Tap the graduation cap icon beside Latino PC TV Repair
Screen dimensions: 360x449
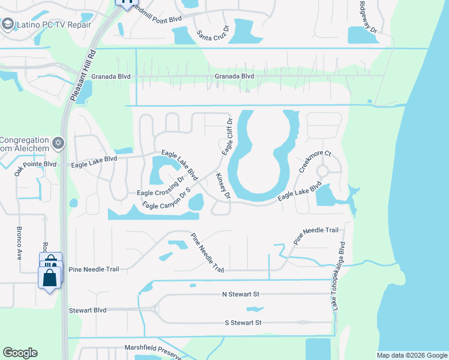[x=8, y=25]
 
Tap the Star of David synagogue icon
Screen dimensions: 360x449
[x=58, y=143]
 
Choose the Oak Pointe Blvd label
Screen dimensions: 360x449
[x=35, y=164]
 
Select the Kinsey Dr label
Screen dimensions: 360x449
[x=223, y=186]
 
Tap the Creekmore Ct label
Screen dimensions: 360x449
[x=315, y=161]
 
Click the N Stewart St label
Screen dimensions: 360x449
[x=240, y=295]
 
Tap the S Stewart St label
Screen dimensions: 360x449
[x=243, y=322]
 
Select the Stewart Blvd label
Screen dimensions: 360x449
[x=88, y=310]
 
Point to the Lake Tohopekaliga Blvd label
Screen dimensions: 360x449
[x=339, y=276]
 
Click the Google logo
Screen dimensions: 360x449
[x=20, y=353]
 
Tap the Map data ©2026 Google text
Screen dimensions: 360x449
[x=411, y=355]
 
